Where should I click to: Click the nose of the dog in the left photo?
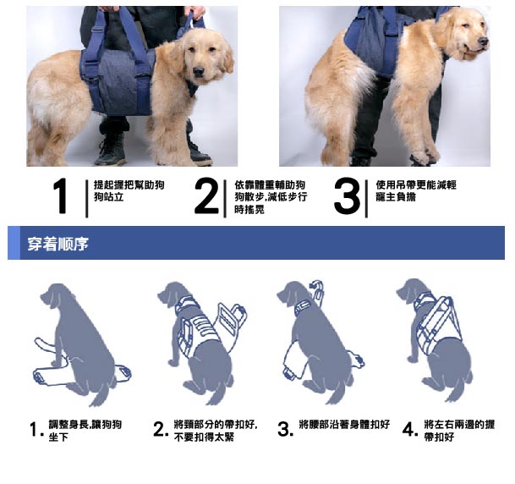click(199, 71)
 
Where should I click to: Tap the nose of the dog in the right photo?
click(483, 41)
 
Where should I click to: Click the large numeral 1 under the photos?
click(61, 196)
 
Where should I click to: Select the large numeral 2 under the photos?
click(206, 196)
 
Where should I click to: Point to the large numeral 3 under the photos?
click(347, 196)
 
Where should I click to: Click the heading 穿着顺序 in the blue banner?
click(58, 244)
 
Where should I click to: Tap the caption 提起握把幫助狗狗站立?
click(129, 191)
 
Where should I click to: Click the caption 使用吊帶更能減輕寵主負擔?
click(416, 191)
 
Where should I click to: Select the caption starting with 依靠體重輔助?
click(271, 197)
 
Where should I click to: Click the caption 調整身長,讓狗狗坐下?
click(85, 431)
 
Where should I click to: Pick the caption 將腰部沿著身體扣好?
click(344, 425)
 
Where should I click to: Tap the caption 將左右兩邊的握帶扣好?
click(459, 431)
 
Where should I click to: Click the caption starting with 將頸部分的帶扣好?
click(216, 431)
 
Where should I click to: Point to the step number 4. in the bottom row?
click(410, 430)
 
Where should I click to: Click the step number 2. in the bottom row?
click(161, 430)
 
